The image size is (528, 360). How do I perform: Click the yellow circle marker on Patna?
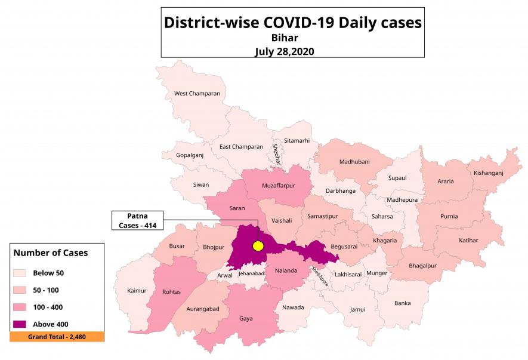[258, 246]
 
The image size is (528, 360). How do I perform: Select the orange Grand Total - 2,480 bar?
[57, 337]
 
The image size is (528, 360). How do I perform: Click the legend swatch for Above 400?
[18, 324]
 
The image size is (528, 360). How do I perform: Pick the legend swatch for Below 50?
[18, 273]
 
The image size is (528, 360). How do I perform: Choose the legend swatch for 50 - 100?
[18, 290]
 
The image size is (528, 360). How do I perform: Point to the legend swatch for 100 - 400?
[18, 307]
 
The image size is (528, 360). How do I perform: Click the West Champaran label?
[197, 93]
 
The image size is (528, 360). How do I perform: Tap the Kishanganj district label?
[489, 173]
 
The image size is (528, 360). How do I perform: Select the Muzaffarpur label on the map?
[279, 186]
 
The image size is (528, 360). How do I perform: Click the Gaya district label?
[246, 318]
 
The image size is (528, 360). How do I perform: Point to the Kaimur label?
[137, 291]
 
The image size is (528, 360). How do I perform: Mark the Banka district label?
[402, 303]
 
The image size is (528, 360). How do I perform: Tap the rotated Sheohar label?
[276, 155]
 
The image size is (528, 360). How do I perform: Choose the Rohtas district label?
[171, 292]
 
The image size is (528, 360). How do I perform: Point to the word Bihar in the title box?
[292, 38]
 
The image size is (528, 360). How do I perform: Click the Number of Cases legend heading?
[51, 253]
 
